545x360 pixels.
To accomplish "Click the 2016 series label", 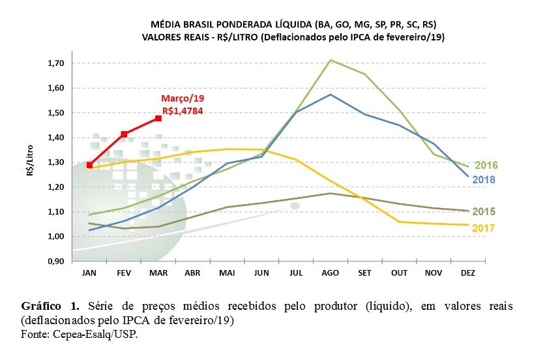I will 486,165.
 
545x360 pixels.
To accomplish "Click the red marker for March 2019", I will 158,118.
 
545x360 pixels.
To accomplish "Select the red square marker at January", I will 90,165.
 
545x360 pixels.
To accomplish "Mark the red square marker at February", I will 124,134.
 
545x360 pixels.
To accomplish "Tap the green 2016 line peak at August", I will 331,60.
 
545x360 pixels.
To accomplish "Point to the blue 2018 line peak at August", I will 331,95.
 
